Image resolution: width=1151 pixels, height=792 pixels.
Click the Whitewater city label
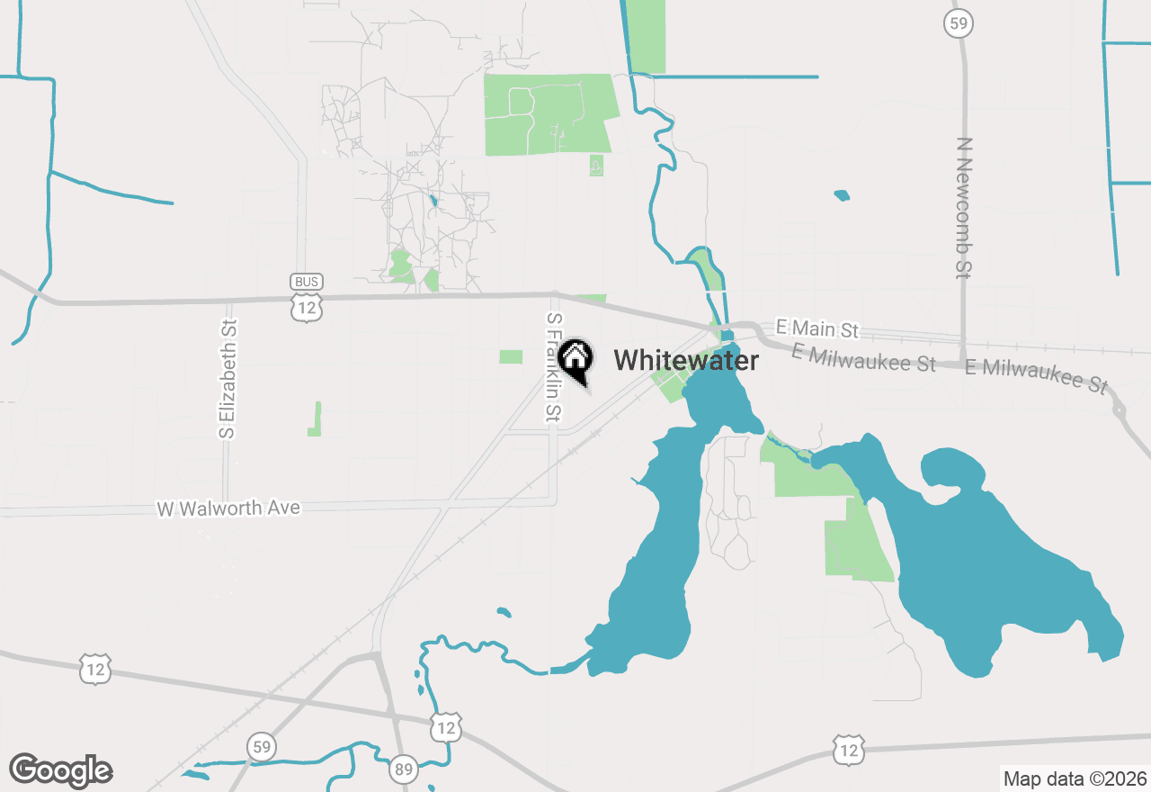686,361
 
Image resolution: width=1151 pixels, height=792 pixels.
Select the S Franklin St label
554,368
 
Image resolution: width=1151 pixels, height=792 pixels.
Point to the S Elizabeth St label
229,379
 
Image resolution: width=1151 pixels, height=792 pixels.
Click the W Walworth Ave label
228,508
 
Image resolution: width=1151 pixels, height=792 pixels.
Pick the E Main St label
817,330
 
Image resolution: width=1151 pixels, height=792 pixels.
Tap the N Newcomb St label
965,207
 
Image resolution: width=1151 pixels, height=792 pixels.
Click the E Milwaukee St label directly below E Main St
863,356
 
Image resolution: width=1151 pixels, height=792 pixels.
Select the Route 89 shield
404,769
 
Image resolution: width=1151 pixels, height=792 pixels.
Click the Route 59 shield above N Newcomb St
959,23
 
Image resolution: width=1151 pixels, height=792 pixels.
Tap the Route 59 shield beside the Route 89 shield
261,746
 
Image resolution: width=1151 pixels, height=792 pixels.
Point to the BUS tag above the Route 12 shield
307,282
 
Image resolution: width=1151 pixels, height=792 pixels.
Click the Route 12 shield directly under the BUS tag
307,307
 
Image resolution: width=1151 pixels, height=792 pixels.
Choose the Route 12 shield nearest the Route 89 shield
446,726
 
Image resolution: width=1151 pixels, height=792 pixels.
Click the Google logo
60,770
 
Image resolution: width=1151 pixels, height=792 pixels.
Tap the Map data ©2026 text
1075,778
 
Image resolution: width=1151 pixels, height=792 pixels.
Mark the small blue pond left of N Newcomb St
842,194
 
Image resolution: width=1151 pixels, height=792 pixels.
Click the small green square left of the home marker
511,356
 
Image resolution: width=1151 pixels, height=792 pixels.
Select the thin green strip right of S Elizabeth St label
316,419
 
